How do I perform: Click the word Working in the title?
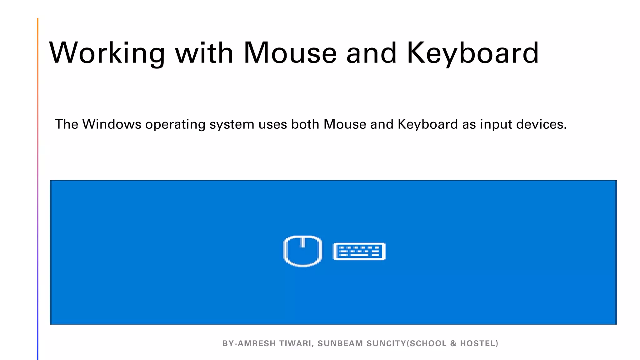(x=107, y=53)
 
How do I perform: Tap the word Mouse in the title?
(x=290, y=53)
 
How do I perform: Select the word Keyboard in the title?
(x=472, y=53)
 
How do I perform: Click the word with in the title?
(x=204, y=53)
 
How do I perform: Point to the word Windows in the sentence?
(x=112, y=124)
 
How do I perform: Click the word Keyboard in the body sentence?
(x=427, y=124)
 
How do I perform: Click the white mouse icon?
(x=302, y=251)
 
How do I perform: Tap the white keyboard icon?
(x=359, y=251)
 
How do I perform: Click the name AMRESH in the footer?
(x=257, y=343)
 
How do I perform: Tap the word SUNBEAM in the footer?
(x=340, y=343)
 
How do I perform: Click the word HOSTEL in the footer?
(x=479, y=343)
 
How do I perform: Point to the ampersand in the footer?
(x=453, y=343)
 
